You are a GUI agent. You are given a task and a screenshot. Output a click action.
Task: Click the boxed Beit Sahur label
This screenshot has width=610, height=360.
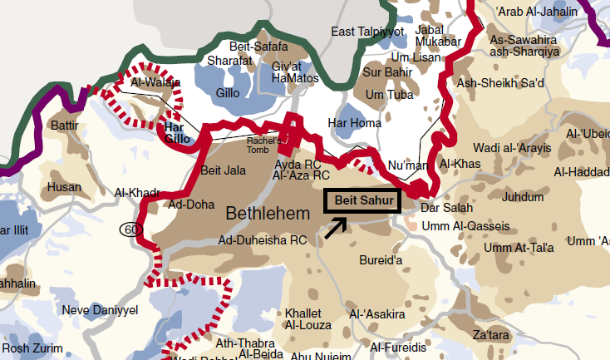click(362, 200)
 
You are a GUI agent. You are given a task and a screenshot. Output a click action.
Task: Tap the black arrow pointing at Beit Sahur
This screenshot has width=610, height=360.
click(337, 228)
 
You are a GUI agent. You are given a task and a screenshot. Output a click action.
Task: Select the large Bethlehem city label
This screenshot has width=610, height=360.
click(268, 214)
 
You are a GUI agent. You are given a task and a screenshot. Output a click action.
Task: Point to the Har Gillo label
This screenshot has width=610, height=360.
click(175, 133)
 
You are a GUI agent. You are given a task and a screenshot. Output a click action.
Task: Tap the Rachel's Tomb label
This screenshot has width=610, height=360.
click(265, 146)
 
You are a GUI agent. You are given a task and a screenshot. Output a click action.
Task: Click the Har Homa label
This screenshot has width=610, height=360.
click(355, 123)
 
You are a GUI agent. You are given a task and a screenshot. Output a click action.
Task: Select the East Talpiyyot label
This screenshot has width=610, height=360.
click(367, 32)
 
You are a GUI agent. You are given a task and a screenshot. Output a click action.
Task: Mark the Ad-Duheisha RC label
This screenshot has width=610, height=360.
click(263, 240)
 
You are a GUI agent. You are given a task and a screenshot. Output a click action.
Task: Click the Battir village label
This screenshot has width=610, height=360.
click(64, 126)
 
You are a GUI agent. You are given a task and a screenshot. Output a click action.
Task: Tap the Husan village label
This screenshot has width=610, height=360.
click(64, 188)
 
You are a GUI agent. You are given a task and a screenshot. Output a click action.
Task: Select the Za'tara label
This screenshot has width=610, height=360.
click(489, 335)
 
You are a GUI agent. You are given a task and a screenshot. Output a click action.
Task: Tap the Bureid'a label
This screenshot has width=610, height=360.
click(381, 260)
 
